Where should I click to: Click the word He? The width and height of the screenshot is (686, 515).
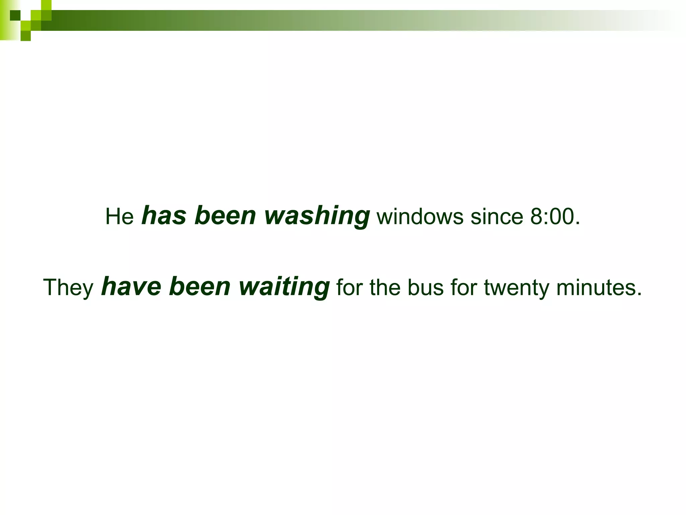[x=119, y=216]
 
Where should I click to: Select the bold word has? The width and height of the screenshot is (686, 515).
[x=164, y=216]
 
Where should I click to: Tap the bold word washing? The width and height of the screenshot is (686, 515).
[x=317, y=216]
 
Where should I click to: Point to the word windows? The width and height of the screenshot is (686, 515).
[x=420, y=217]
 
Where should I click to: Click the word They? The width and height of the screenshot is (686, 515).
[x=68, y=288]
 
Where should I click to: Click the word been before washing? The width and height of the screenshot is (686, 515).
[x=225, y=216]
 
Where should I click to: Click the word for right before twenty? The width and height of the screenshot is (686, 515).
[x=464, y=288]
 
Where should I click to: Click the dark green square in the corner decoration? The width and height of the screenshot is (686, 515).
[x=15, y=15]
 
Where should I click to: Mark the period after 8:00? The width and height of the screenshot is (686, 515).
[x=577, y=223]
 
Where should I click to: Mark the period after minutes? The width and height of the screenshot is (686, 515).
[x=639, y=294]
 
